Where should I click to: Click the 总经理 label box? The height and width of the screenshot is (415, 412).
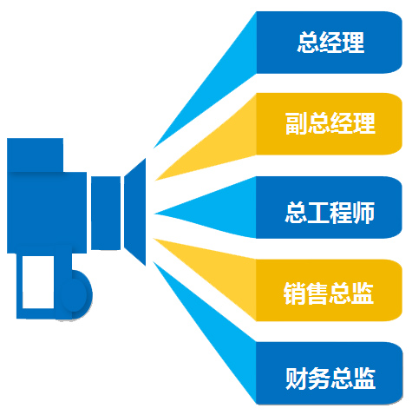pyautogui.click(x=329, y=43)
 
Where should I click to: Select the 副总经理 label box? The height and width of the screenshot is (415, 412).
pyautogui.click(x=329, y=123)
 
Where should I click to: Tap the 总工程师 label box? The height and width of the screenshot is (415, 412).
pyautogui.click(x=329, y=207)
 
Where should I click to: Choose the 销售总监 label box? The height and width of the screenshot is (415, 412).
pyautogui.click(x=329, y=290)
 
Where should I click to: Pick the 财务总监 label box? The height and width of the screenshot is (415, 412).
pyautogui.click(x=329, y=373)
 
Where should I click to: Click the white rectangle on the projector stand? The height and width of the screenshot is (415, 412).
pyautogui.click(x=38, y=282)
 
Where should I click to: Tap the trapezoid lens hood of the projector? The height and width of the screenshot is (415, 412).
pyautogui.click(x=135, y=212)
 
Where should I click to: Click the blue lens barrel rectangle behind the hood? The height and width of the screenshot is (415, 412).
pyautogui.click(x=106, y=213)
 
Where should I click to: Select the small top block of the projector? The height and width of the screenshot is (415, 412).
pyautogui.click(x=35, y=155)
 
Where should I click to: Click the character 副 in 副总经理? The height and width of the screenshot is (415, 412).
pyautogui.click(x=296, y=123)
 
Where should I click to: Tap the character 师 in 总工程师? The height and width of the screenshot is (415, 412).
pyautogui.click(x=363, y=213)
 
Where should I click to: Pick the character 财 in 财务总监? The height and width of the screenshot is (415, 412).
pyautogui.click(x=296, y=379)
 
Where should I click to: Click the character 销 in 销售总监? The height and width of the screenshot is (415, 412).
pyautogui.click(x=294, y=293)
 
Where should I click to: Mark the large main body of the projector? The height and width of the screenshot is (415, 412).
pyautogui.click(x=47, y=213)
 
